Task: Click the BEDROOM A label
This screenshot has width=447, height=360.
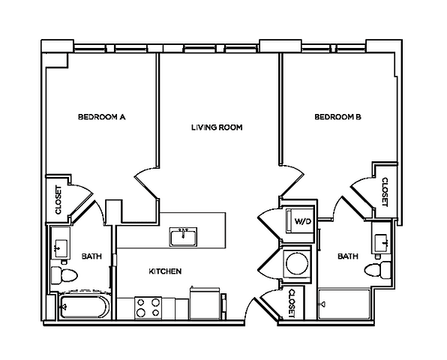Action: tap(100, 117)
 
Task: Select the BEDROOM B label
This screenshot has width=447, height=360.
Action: tap(337, 117)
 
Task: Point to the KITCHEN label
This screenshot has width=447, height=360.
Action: tap(164, 271)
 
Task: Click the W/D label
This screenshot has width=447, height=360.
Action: tap(302, 222)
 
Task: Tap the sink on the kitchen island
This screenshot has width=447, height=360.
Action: tap(184, 238)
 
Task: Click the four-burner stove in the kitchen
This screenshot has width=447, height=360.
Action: tap(148, 307)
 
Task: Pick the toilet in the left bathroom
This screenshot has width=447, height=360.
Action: tap(63, 275)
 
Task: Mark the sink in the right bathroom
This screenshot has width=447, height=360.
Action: tap(381, 241)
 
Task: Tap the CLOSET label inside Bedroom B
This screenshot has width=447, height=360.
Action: tap(385, 192)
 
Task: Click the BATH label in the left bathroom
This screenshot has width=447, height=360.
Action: tap(91, 256)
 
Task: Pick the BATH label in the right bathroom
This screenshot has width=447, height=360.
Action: tap(347, 256)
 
